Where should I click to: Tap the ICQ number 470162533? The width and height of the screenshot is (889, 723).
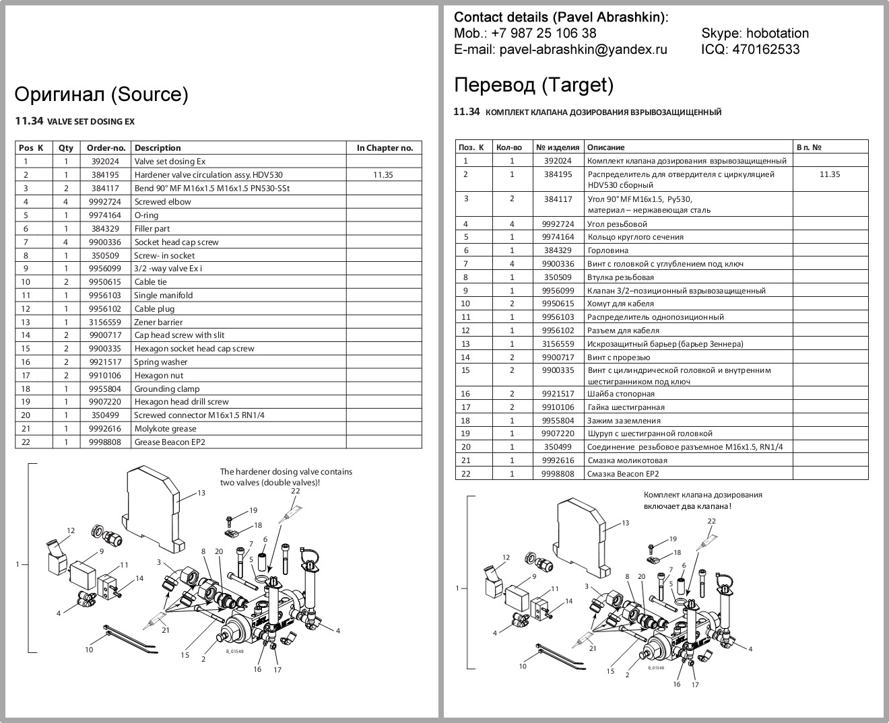(766, 49)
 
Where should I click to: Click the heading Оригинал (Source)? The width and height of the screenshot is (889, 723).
(101, 94)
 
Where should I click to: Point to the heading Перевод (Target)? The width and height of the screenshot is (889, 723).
(533, 85)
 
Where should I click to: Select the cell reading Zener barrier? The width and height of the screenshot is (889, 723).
(158, 322)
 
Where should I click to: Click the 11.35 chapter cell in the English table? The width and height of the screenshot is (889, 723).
(383, 175)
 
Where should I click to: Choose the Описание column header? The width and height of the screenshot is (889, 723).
(605, 147)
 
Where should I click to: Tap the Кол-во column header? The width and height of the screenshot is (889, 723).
(508, 147)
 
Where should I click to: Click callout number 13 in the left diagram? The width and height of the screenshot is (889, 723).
(201, 493)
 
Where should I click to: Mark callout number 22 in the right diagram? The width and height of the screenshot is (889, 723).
(711, 521)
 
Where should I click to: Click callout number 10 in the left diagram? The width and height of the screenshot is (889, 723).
(89, 650)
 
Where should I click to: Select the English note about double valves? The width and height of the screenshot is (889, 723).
(286, 477)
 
